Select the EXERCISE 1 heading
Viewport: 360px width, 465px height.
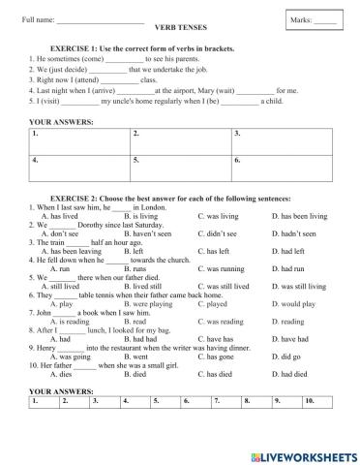(155, 46)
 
